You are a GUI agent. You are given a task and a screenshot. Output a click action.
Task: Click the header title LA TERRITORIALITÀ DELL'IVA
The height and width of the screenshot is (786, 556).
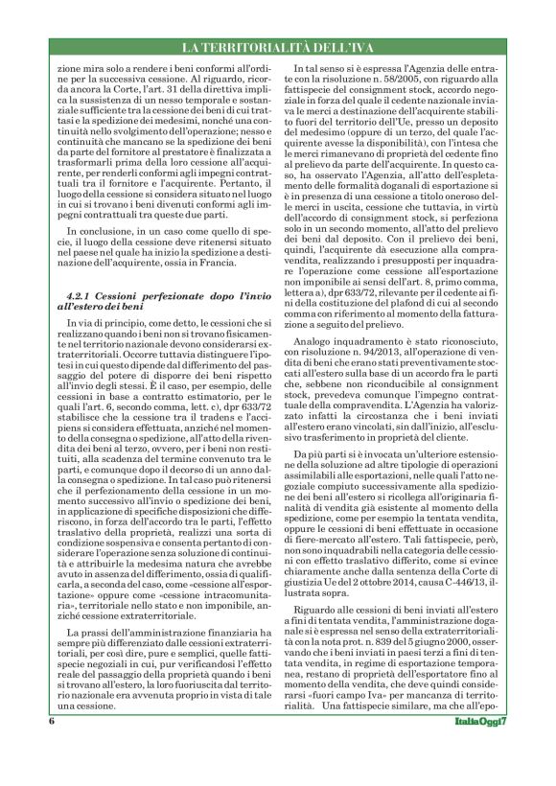[277, 48]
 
